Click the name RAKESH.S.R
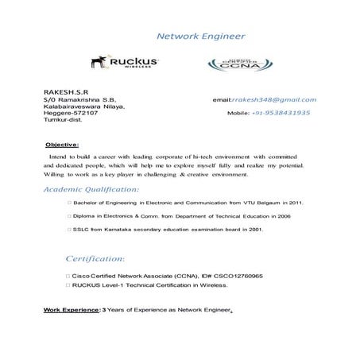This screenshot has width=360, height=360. [x=66, y=92]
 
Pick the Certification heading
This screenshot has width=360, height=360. [x=94, y=259]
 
